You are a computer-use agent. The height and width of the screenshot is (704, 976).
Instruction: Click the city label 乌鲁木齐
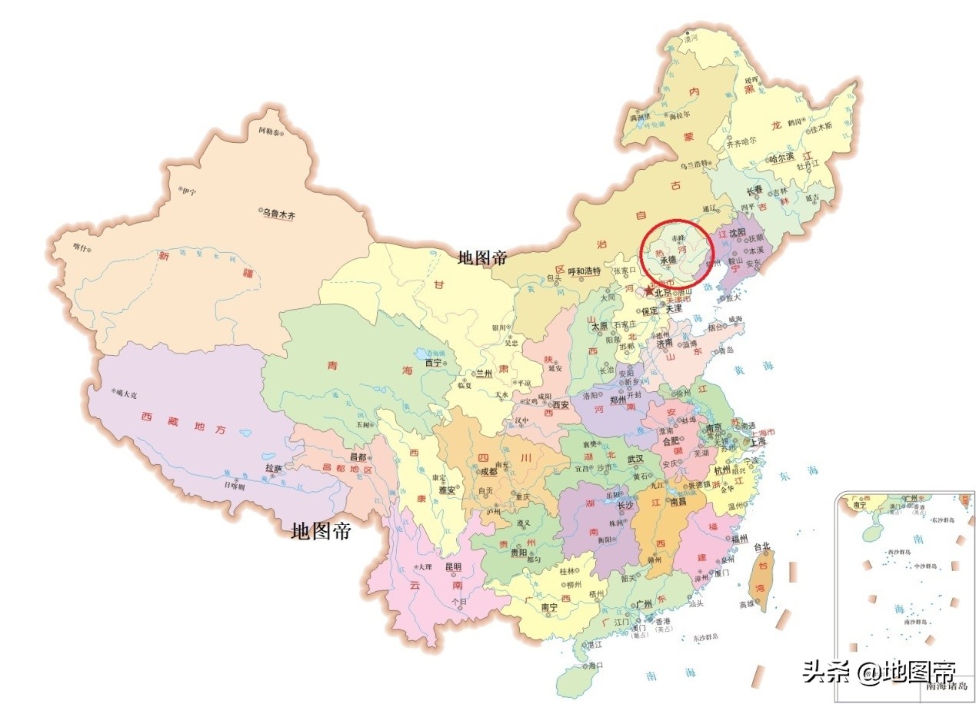coord(279,214)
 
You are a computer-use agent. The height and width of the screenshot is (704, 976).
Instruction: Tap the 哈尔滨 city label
coord(785,159)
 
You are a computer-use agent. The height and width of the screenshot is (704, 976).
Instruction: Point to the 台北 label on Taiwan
coord(761,546)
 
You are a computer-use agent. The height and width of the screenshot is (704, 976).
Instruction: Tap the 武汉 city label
coord(635,458)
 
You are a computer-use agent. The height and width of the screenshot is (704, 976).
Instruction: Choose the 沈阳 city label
coord(738,231)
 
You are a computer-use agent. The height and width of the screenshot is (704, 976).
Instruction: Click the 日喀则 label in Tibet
coord(235,486)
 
